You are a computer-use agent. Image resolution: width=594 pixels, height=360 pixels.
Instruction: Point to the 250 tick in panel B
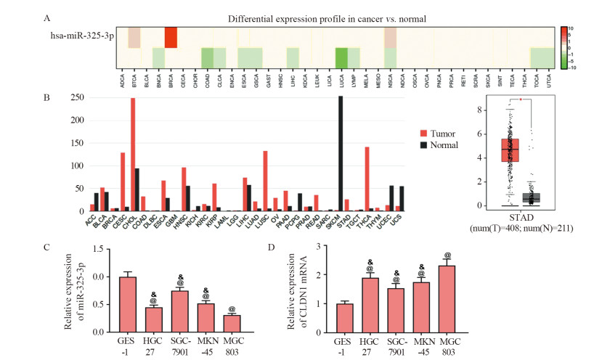pyautogui.click(x=75, y=98)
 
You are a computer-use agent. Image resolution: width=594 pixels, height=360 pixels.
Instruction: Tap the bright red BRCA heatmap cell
pyautogui.click(x=171, y=37)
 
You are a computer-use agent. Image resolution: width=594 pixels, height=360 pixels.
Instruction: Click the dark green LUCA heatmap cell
pyautogui.click(x=341, y=58)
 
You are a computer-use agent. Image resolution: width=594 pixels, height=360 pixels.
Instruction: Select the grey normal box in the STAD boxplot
pyautogui.click(x=532, y=197)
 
